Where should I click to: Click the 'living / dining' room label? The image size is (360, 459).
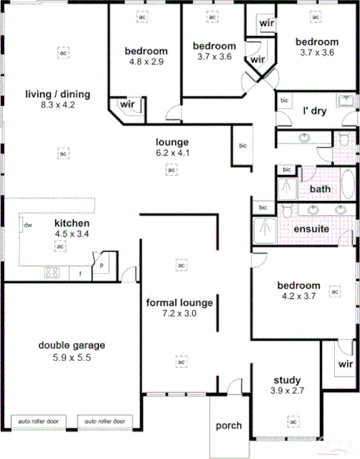pos(58,94)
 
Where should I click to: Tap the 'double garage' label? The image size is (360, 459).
pos(72,344)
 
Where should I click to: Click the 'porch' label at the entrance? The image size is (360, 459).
pos(229,426)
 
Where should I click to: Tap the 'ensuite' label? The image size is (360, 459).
pos(311,229)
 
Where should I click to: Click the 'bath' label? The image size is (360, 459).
pos(319,189)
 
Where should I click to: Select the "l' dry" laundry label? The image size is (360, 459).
pos(314,111)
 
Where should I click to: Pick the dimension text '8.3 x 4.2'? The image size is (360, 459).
pos(58,104)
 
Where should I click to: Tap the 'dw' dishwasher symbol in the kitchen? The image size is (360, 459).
pos(27,225)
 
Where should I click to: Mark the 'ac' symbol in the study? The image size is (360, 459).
pos(293,422)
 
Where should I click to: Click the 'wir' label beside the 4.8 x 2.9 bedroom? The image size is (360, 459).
pos(125,103)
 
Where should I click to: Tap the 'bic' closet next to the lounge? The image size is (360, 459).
pos(243,145)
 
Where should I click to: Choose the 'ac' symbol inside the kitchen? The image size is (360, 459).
pos(59,246)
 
